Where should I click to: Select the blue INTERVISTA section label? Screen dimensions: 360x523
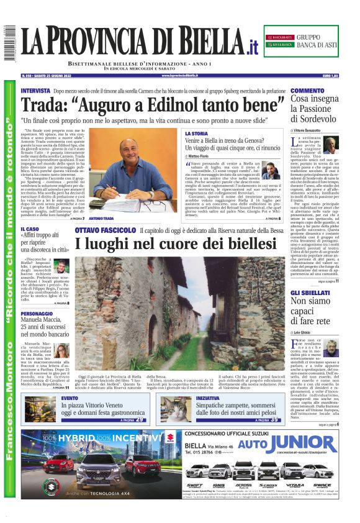(35, 91)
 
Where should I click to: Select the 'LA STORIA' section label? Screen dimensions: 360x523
(196, 134)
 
